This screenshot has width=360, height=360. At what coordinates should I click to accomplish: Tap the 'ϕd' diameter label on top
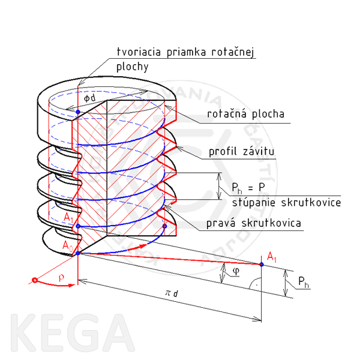(89, 97)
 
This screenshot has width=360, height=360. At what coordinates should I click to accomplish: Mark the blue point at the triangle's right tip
(262, 264)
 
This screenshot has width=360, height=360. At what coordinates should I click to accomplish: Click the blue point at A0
(78, 253)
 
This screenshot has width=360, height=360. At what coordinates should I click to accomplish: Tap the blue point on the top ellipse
(78, 111)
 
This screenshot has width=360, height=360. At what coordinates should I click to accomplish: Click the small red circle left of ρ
(35, 280)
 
